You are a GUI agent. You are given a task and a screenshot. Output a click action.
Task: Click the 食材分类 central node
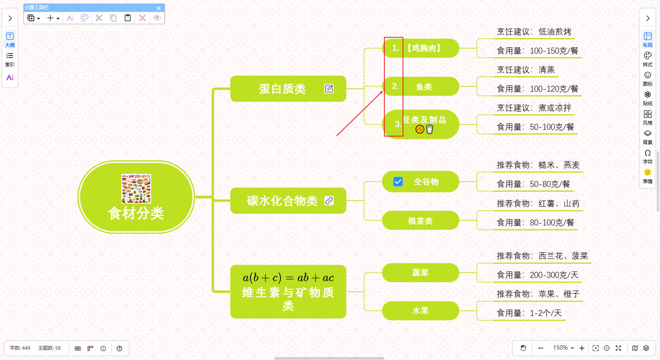(x=136, y=213)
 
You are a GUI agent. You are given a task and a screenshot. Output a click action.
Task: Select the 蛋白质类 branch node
(x=282, y=89)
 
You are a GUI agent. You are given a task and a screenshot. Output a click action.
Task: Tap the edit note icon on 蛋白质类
(x=329, y=89)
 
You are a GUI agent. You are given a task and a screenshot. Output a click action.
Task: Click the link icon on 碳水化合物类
(x=329, y=201)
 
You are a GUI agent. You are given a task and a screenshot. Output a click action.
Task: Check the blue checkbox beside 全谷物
(x=398, y=181)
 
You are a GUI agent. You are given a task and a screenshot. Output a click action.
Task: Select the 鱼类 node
(x=424, y=87)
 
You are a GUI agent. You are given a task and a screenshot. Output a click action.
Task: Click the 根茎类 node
(x=420, y=221)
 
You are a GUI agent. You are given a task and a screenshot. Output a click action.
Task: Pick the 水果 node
(x=420, y=311)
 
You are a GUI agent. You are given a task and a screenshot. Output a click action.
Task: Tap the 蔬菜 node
(x=420, y=273)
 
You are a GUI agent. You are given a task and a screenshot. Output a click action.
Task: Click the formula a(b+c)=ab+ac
(x=288, y=277)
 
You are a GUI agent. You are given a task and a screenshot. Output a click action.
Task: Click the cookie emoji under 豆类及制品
(x=420, y=129)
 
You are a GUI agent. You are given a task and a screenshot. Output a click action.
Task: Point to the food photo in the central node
(x=136, y=189)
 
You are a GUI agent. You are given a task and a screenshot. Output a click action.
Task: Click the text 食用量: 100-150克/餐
(x=537, y=51)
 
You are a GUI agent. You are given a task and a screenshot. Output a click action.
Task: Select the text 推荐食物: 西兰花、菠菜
(x=542, y=256)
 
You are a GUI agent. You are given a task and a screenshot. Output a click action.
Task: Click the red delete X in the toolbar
(x=142, y=18)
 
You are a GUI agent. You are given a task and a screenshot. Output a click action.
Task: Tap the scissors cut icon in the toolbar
(x=99, y=18)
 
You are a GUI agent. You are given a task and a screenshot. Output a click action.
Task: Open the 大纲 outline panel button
(x=10, y=39)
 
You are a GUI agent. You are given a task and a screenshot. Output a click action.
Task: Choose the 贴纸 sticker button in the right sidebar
(x=648, y=98)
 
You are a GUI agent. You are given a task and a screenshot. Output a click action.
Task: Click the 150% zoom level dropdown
(x=563, y=348)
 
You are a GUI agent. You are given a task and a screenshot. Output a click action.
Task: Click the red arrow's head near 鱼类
(x=382, y=92)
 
